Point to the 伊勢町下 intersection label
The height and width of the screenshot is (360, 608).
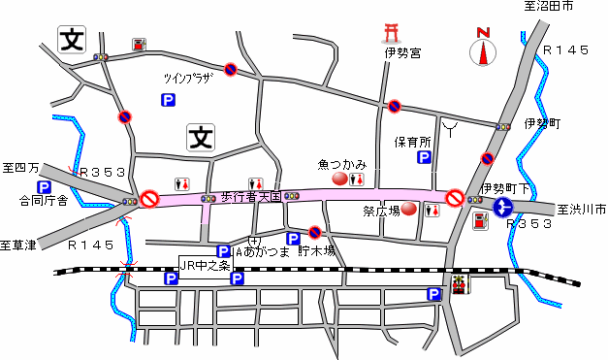point(503,187)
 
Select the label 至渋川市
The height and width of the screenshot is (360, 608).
point(580,209)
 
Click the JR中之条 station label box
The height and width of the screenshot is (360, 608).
point(207,264)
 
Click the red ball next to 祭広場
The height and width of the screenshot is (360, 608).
point(409,209)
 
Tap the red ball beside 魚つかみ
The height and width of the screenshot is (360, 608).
point(339,179)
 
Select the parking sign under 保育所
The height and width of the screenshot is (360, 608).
point(424,157)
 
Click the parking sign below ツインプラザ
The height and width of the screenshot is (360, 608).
point(168,100)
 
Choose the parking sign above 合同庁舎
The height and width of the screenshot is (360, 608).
point(44,187)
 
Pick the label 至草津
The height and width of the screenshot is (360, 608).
point(18,245)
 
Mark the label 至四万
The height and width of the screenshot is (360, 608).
point(20,168)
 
